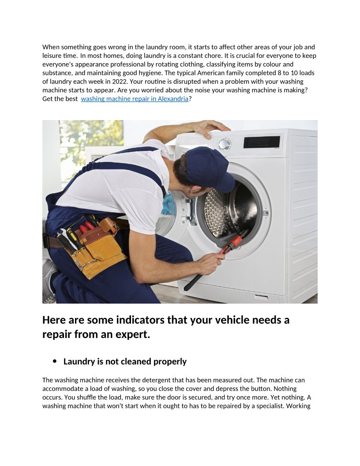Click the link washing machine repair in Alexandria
tap(135, 99)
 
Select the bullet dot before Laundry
tap(55, 361)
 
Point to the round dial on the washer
tap(225, 144)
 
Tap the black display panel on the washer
tap(262, 142)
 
